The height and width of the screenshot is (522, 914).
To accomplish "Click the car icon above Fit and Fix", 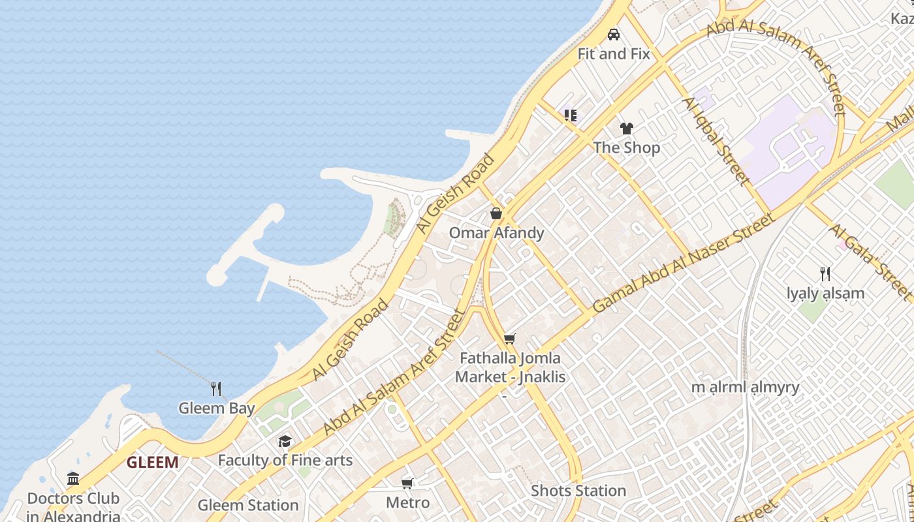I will pos(614,35).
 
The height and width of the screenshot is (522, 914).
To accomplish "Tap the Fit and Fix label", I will pos(614,54).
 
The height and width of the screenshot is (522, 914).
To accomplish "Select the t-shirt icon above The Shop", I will pos(627,129).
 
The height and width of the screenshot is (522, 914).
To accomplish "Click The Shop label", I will pos(627,148).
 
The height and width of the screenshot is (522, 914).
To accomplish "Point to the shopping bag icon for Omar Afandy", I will pos(496,213).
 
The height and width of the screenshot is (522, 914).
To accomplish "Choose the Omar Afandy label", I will pos(496,233).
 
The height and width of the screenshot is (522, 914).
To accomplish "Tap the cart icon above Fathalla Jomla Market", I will pos(509,339).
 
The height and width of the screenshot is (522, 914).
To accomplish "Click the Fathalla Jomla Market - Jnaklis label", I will pos(510,367).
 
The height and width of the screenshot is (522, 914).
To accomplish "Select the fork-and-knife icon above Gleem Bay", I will pos(216,389).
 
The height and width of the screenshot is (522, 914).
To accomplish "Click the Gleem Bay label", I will pos(216,409).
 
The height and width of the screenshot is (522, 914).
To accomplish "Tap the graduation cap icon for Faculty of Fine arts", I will pos(285,441).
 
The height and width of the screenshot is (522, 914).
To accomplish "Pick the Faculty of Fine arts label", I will pos(285,461).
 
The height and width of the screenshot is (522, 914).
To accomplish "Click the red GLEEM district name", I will pos(152,463).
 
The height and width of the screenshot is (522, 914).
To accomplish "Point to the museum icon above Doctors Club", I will pos(73,479).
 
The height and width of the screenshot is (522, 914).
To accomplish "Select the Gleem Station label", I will pos(248,506).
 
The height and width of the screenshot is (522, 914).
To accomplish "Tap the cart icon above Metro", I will pos(407,484).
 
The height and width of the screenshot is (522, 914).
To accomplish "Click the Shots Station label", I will pos(578,491).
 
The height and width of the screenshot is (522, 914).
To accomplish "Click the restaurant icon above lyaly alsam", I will pos(825,274).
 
